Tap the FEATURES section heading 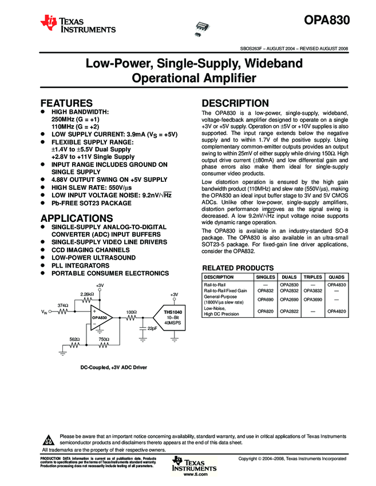(x=66, y=103)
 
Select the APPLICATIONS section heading (x=76, y=218)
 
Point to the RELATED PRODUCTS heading (x=238, y=268)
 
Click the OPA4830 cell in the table (x=337, y=284)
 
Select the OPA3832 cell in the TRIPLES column (x=312, y=291)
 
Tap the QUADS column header (x=337, y=277)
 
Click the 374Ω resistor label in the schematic (x=64, y=305)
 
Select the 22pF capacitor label (x=152, y=329)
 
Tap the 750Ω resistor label (x=104, y=339)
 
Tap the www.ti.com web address (x=195, y=474)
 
